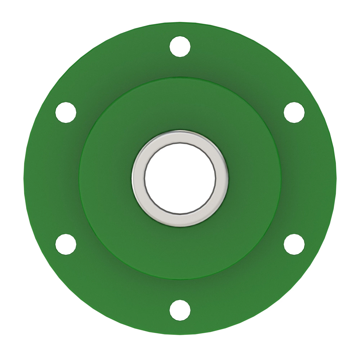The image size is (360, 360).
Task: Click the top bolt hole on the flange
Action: click(180, 46)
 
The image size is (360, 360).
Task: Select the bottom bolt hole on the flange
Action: click(180, 310)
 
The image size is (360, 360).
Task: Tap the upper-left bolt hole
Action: click(66, 112)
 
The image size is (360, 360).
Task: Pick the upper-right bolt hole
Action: click(294, 112)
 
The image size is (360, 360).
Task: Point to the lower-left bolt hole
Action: click(66, 244)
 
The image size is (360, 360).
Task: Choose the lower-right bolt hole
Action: click(294, 244)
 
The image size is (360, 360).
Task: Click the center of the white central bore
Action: click(180, 178)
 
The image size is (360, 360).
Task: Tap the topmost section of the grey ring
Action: click(180, 136)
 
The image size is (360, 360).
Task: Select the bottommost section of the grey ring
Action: click(180, 220)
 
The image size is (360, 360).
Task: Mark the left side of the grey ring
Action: click(138, 178)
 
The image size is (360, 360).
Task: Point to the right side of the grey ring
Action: click(222, 178)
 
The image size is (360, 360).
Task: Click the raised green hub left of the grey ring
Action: click(105, 178)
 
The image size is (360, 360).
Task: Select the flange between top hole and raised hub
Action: click(180, 67)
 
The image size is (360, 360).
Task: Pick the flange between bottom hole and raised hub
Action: click(180, 289)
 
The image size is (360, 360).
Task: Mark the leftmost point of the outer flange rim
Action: click(25, 178)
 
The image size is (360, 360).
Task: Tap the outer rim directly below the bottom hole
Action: click(180, 333)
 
